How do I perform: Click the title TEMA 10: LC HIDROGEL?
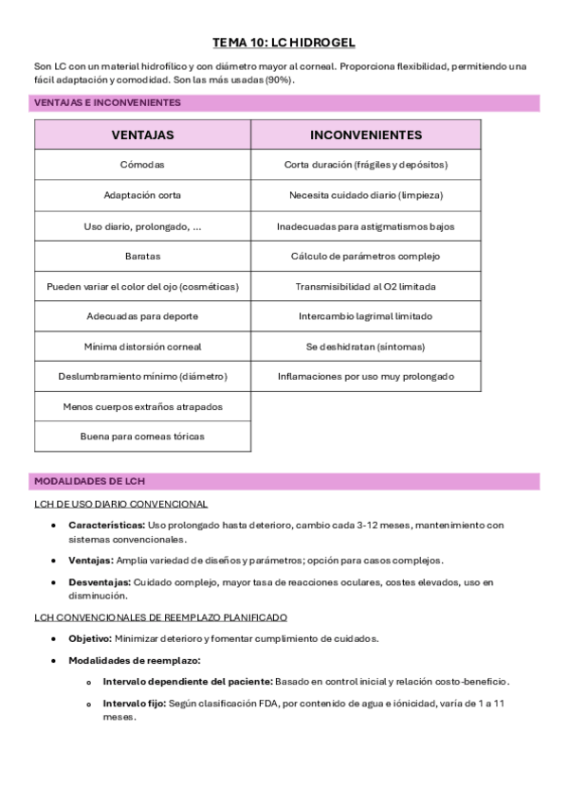[x=284, y=43]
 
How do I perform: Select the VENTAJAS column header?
[x=142, y=134]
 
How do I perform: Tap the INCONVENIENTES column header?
[x=366, y=134]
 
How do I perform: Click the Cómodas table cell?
[x=142, y=165]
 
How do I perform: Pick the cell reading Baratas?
[x=142, y=256]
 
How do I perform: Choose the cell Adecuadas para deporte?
[x=142, y=316]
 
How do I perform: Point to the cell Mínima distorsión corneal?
[x=142, y=347]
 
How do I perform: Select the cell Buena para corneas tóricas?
[x=142, y=437]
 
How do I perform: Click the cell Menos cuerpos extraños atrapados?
[x=142, y=406]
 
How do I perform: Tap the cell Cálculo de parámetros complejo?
[x=366, y=256]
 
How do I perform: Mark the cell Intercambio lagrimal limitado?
[x=366, y=316]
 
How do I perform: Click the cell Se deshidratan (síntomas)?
[x=366, y=347]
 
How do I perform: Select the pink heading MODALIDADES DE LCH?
[x=89, y=482]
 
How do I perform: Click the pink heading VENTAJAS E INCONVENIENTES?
[x=107, y=102]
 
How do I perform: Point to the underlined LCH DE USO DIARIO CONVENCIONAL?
[x=120, y=505]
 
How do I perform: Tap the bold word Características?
[x=106, y=525]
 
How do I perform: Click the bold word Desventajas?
[x=100, y=582]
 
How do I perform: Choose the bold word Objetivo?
[x=90, y=638]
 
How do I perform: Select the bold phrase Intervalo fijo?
[x=134, y=704]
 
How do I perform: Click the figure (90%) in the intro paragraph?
[x=278, y=80]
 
